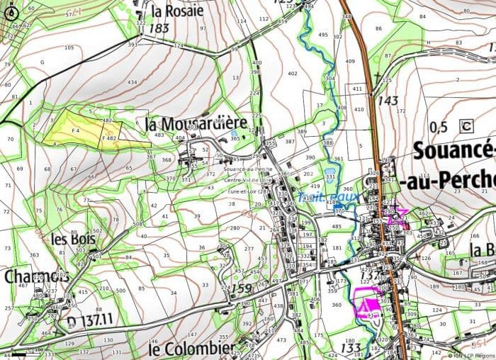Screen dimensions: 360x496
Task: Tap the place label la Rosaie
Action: pyautogui.click(x=178, y=11)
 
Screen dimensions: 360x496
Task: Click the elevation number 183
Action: pyautogui.click(x=159, y=28)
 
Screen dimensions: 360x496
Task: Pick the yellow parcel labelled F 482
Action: pyautogui.click(x=109, y=138)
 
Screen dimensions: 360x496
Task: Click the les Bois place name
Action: pyautogui.click(x=73, y=239)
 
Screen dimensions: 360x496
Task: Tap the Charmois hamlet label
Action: pyautogui.click(x=37, y=276)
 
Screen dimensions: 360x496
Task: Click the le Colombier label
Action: pyautogui.click(x=191, y=349)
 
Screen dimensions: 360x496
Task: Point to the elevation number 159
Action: pyautogui.click(x=242, y=288)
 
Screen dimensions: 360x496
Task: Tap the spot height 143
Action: pyautogui.click(x=388, y=101)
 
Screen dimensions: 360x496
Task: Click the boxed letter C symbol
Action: pyautogui.click(x=466, y=126)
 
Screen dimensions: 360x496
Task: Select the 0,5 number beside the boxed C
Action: pyautogui.click(x=439, y=127)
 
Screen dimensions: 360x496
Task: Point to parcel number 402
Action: pyautogui.click(x=293, y=74)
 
